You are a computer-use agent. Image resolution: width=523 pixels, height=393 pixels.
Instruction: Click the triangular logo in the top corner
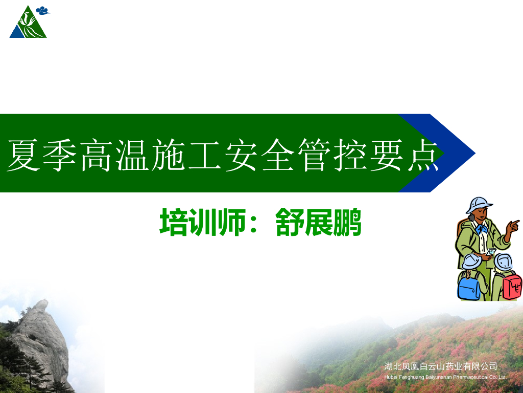click(x=28, y=25)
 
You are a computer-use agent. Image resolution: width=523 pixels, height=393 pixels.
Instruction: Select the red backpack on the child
click(x=512, y=286)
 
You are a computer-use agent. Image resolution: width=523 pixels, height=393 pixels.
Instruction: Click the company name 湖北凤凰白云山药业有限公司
click(x=440, y=366)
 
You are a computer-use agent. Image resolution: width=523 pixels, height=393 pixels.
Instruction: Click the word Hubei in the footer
click(x=390, y=377)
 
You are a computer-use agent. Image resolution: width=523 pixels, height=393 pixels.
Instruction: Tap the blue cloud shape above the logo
click(x=43, y=10)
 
